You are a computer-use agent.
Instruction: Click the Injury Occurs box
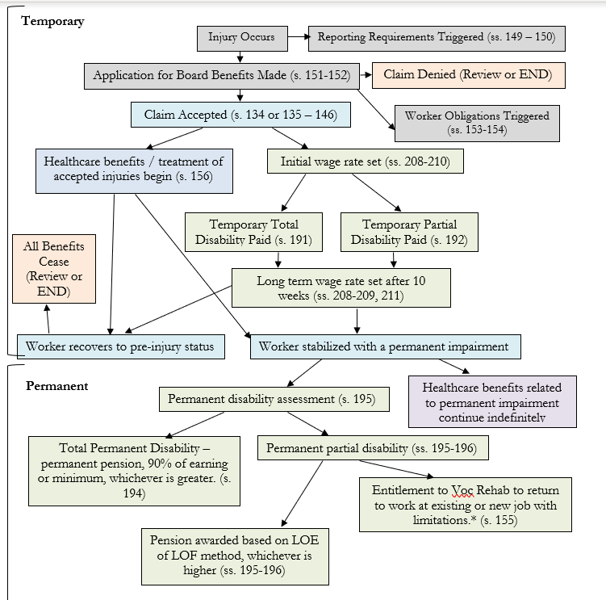tap(242, 38)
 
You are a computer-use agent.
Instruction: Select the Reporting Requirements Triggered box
tap(437, 38)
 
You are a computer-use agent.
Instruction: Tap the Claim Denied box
tap(468, 75)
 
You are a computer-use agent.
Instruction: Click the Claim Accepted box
tap(240, 115)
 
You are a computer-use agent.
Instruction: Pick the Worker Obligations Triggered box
tap(477, 123)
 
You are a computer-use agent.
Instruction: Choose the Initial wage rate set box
tap(366, 162)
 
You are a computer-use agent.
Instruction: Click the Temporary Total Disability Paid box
tap(253, 232)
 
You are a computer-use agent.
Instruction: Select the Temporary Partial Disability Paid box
tap(409, 232)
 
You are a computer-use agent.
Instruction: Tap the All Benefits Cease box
tap(54, 269)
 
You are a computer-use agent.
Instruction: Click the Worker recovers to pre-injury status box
tap(121, 346)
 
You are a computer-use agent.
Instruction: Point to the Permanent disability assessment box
tap(274, 399)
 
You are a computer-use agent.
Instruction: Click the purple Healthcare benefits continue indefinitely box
tap(492, 401)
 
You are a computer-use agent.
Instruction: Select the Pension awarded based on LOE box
tap(235, 556)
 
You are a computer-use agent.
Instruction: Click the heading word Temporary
tap(52, 21)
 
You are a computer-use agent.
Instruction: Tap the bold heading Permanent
tap(56, 386)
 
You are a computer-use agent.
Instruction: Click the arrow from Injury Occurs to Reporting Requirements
tap(299, 37)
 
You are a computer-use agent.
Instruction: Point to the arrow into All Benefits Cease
tap(48, 319)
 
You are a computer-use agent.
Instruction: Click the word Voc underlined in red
tap(462, 490)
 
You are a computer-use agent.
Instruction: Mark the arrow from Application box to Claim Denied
tap(366, 74)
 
